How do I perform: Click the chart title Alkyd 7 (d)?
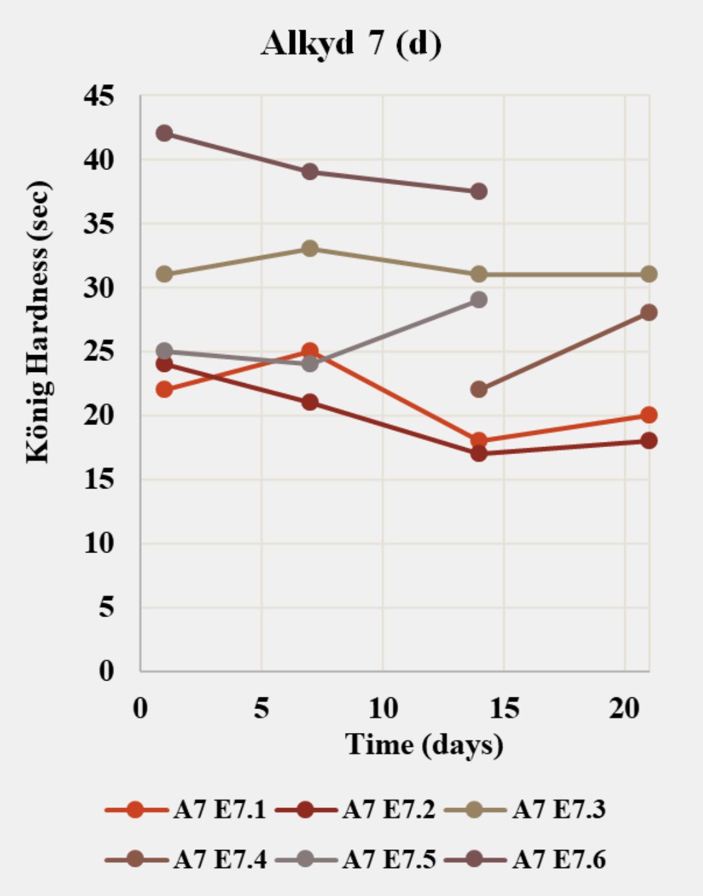pyautogui.click(x=351, y=44)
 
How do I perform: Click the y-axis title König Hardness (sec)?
pyautogui.click(x=38, y=322)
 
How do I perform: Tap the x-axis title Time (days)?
pyautogui.click(x=424, y=745)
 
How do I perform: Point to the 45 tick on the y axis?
pyautogui.click(x=98, y=96)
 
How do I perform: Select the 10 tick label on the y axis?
pyautogui.click(x=98, y=543)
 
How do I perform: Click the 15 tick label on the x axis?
pyautogui.click(x=504, y=708)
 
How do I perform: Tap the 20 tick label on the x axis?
pyautogui.click(x=624, y=708)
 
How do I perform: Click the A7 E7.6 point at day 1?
pyautogui.click(x=164, y=133)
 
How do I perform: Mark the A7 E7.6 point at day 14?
pyautogui.click(x=479, y=191)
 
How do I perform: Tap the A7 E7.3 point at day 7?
pyautogui.click(x=310, y=248)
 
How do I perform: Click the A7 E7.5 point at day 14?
pyautogui.click(x=479, y=300)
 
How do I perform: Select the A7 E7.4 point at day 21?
pyautogui.click(x=649, y=312)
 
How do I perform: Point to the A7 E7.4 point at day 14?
pyautogui.click(x=479, y=389)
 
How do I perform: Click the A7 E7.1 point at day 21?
pyautogui.click(x=649, y=415)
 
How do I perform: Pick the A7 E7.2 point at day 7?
pyautogui.click(x=310, y=402)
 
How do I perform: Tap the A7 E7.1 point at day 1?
pyautogui.click(x=164, y=389)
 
